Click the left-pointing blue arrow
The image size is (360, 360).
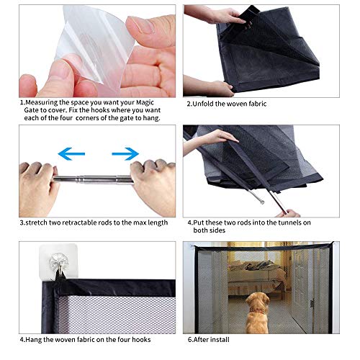71,153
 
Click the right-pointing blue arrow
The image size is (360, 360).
125,153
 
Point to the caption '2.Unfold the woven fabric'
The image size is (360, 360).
226,104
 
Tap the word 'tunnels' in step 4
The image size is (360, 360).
287,222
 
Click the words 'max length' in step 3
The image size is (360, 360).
148,222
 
